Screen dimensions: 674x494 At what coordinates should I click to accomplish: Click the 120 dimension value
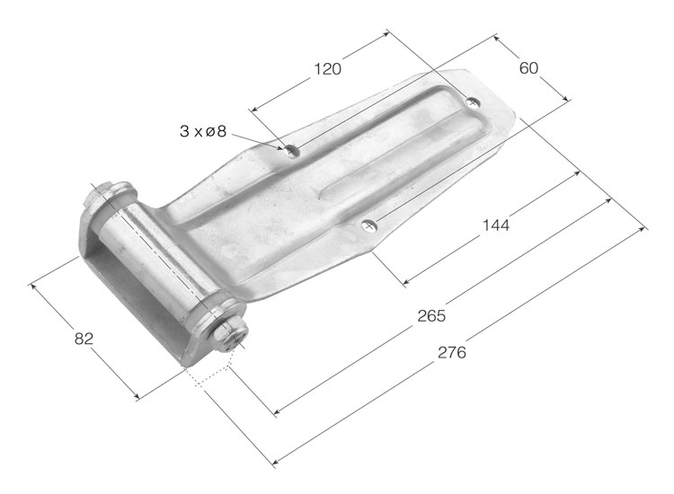tap(327, 69)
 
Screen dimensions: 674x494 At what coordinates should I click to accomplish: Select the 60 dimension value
tap(528, 68)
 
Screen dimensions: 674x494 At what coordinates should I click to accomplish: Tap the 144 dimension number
tap(495, 225)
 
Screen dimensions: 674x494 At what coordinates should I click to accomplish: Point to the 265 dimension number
tap(431, 316)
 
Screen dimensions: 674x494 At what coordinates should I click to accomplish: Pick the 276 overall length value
tap(452, 352)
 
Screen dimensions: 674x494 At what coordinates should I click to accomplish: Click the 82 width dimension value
tap(84, 339)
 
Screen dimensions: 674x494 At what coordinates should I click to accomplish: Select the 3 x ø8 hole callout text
tap(202, 131)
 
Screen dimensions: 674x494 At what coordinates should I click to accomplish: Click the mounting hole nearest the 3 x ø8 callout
tap(292, 151)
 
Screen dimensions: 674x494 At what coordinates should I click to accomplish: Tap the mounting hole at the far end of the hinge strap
tap(473, 102)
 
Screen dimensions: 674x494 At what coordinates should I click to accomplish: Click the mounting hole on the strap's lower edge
tap(368, 225)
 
